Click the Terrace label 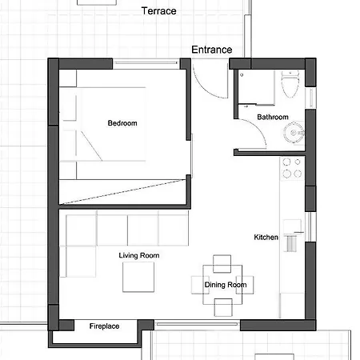[x=158, y=11]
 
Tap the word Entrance [x=212, y=50]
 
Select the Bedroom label [x=122, y=123]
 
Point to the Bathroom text [x=273, y=117]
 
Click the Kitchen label [x=266, y=237]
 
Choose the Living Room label [x=139, y=255]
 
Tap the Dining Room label [x=226, y=285]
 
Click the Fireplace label [x=104, y=326]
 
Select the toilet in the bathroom [x=290, y=84]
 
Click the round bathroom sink [x=294, y=133]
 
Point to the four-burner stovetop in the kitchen [x=292, y=168]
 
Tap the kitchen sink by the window [x=293, y=235]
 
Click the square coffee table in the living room [x=138, y=277]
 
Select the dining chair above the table [x=222, y=264]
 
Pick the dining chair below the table [x=223, y=307]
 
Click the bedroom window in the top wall [x=146, y=63]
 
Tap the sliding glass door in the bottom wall [x=197, y=324]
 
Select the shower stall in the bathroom [x=256, y=87]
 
